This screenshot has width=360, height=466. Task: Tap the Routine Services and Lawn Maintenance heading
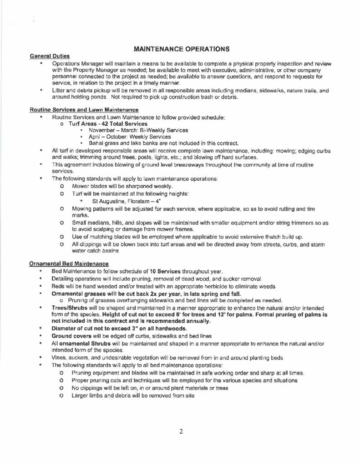click(x=84, y=110)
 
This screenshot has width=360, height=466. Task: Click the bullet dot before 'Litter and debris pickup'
click(x=42, y=91)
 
